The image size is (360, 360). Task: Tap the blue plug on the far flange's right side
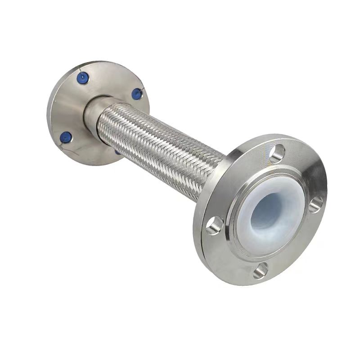(x=136, y=94)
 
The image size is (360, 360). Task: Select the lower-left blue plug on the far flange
(x=66, y=135)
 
